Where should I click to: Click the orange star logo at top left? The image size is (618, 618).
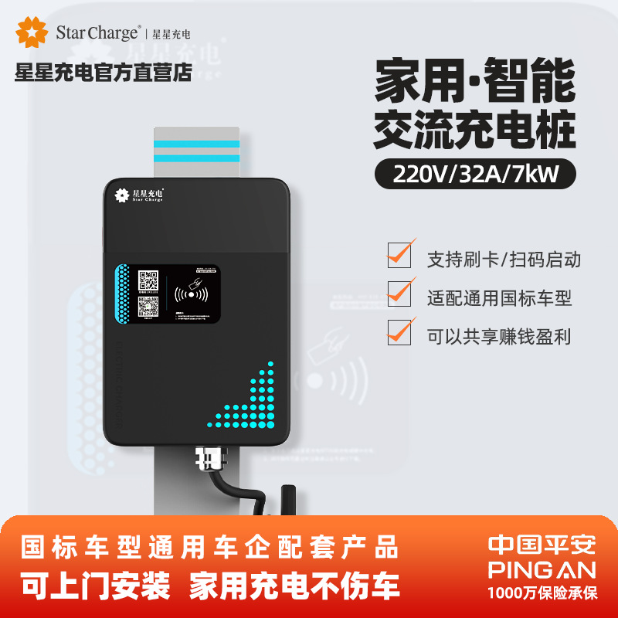tap(32, 32)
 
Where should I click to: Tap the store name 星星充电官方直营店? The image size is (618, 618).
tap(103, 73)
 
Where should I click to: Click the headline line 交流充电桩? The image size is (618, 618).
tap(475, 131)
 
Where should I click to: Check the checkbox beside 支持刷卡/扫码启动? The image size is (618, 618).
tap(399, 256)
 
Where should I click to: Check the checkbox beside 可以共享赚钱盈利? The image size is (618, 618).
tap(399, 334)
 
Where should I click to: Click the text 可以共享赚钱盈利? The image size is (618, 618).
tap(499, 336)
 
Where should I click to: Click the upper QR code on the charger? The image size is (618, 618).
tap(149, 280)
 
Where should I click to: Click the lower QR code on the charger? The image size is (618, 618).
tap(149, 308)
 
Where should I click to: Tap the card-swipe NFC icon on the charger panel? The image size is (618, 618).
tap(192, 294)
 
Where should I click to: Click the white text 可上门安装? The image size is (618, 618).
tap(96, 587)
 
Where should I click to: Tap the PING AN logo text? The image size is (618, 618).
tap(542, 569)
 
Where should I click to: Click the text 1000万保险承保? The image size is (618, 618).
tap(542, 593)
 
